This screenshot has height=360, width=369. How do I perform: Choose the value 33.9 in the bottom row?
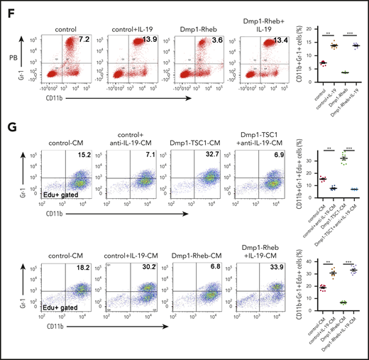pos(270,270)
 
